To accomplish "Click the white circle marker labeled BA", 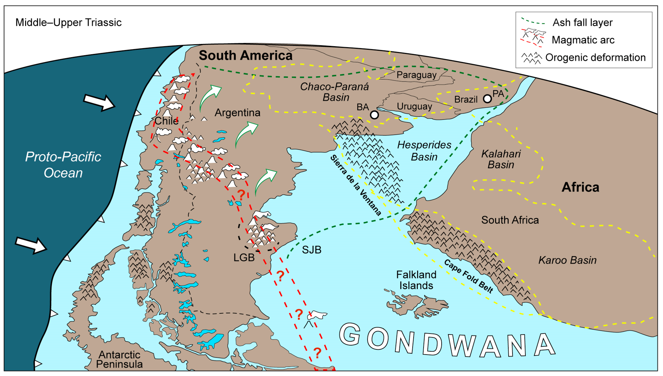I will (374, 115).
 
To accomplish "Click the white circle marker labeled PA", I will (487, 99).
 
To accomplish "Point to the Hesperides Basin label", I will (424, 151).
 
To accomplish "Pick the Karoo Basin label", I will (567, 260).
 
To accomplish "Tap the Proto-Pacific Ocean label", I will (63, 165).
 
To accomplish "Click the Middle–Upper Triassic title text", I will (68, 22).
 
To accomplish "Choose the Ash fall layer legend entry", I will (582, 22).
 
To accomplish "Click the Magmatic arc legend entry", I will (583, 40).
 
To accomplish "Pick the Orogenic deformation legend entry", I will (595, 57).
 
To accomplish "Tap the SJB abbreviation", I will (311, 250).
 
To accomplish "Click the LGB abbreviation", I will (244, 257).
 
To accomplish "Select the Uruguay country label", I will (414, 106).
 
